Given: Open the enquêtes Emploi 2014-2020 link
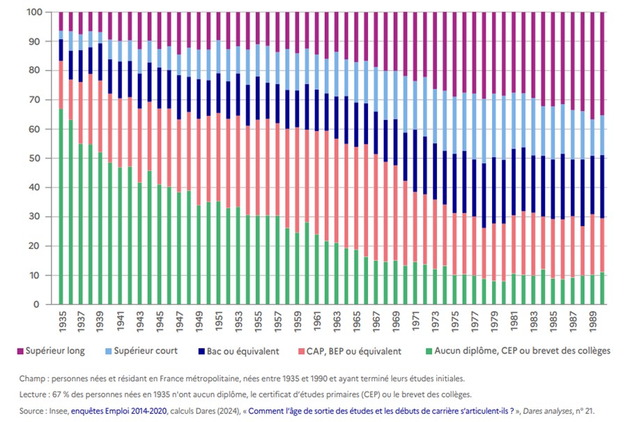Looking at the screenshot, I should pyautogui.click(x=118, y=411).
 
